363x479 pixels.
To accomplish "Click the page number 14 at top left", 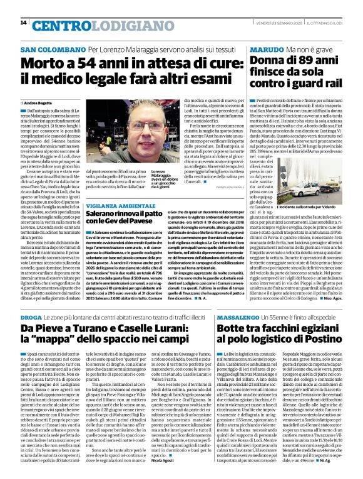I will point(23,23).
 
